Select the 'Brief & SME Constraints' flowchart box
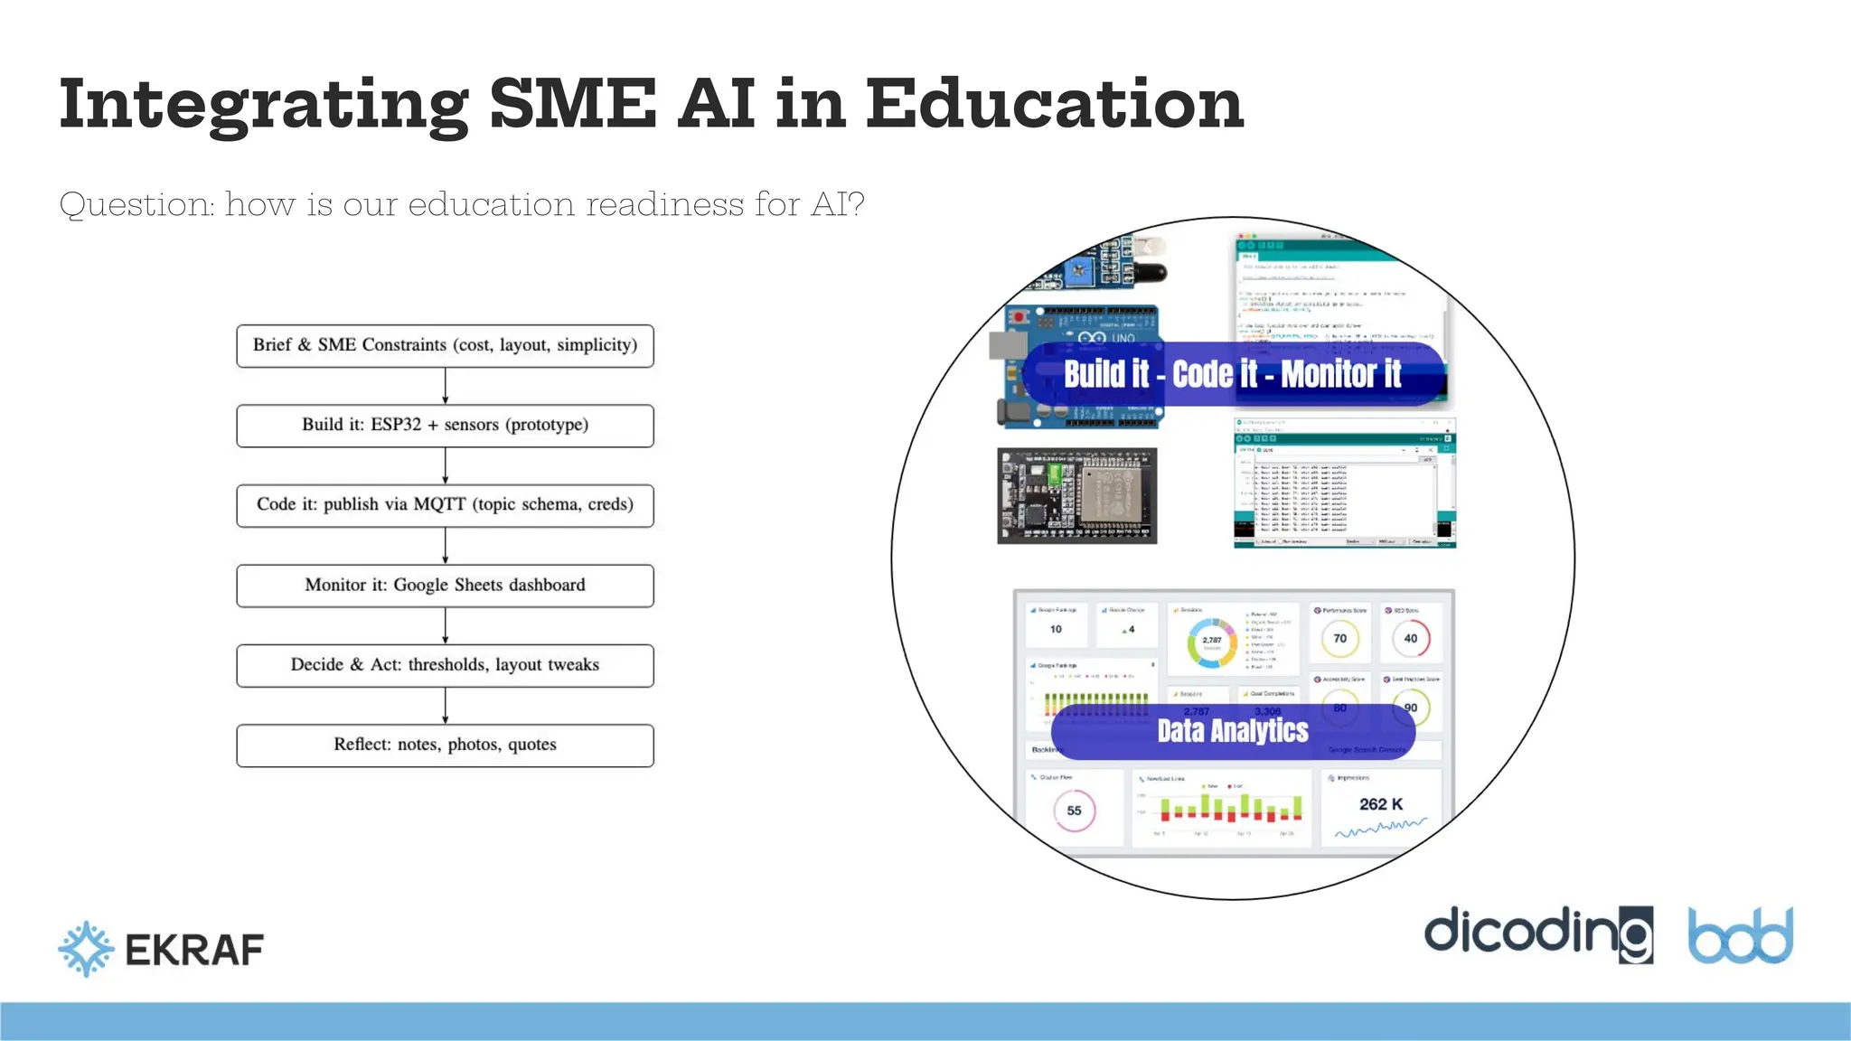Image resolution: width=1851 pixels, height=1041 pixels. [445, 345]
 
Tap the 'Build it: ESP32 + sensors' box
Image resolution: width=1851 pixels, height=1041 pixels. [445, 426]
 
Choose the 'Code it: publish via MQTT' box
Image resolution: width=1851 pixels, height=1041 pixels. [445, 505]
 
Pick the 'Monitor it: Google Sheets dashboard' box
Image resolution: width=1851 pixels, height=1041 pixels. [445, 586]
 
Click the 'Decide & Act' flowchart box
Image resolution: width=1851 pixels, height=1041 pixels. [445, 665]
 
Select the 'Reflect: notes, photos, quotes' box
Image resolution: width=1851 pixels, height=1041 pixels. [445, 746]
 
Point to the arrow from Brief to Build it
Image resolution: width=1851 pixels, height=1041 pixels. [446, 386]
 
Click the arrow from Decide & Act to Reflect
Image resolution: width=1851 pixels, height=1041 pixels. [446, 706]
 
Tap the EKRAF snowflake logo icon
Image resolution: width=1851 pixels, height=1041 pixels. [86, 949]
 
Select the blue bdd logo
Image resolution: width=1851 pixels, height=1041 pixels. [1740, 935]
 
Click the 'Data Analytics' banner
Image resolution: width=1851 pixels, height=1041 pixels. [1233, 731]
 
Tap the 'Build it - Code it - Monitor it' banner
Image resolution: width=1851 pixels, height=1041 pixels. [1233, 374]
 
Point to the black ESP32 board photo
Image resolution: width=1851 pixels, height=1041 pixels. [1076, 496]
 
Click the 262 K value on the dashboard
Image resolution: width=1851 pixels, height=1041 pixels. [1381, 804]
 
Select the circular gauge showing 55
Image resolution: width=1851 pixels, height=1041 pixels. [1074, 811]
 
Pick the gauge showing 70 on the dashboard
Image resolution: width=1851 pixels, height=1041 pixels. [1339, 639]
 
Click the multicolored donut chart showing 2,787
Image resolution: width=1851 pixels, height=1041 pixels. [1211, 642]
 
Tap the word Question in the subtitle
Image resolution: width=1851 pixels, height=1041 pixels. [136, 205]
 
